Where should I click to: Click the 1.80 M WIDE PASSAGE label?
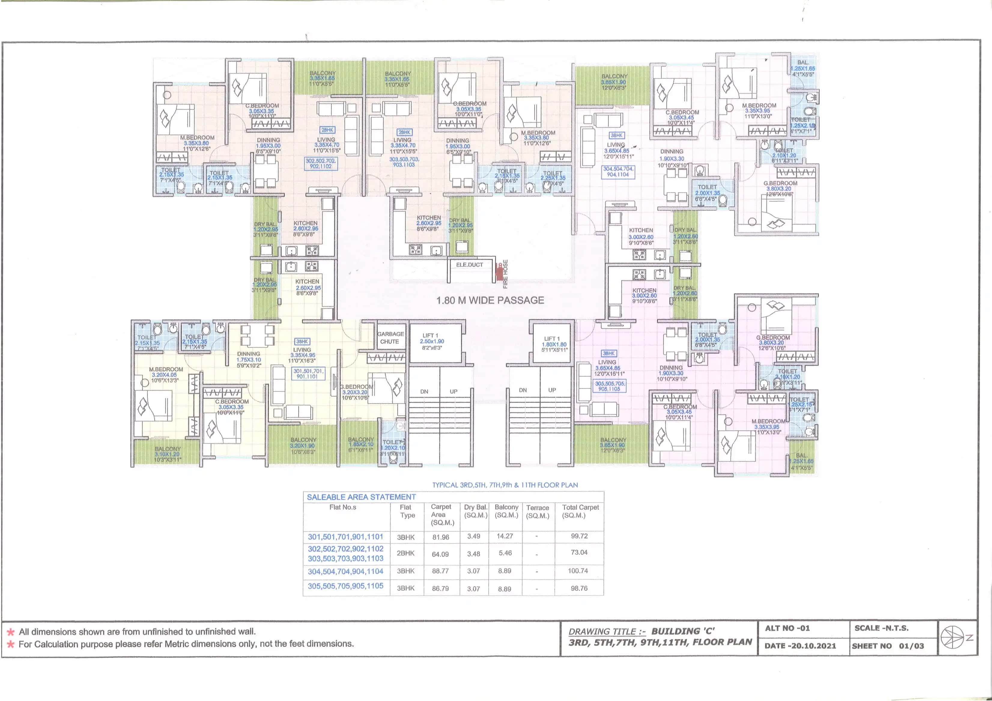click(x=490, y=300)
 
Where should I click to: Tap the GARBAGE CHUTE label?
click(x=390, y=338)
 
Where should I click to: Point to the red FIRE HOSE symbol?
click(x=499, y=271)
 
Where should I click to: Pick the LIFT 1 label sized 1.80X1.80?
click(x=554, y=344)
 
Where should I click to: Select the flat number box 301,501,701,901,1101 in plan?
click(x=308, y=373)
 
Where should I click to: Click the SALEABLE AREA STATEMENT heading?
click(x=361, y=497)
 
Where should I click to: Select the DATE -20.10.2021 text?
click(x=800, y=646)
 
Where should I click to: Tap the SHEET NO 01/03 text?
click(x=888, y=646)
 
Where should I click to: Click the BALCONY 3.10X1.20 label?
click(x=168, y=454)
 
